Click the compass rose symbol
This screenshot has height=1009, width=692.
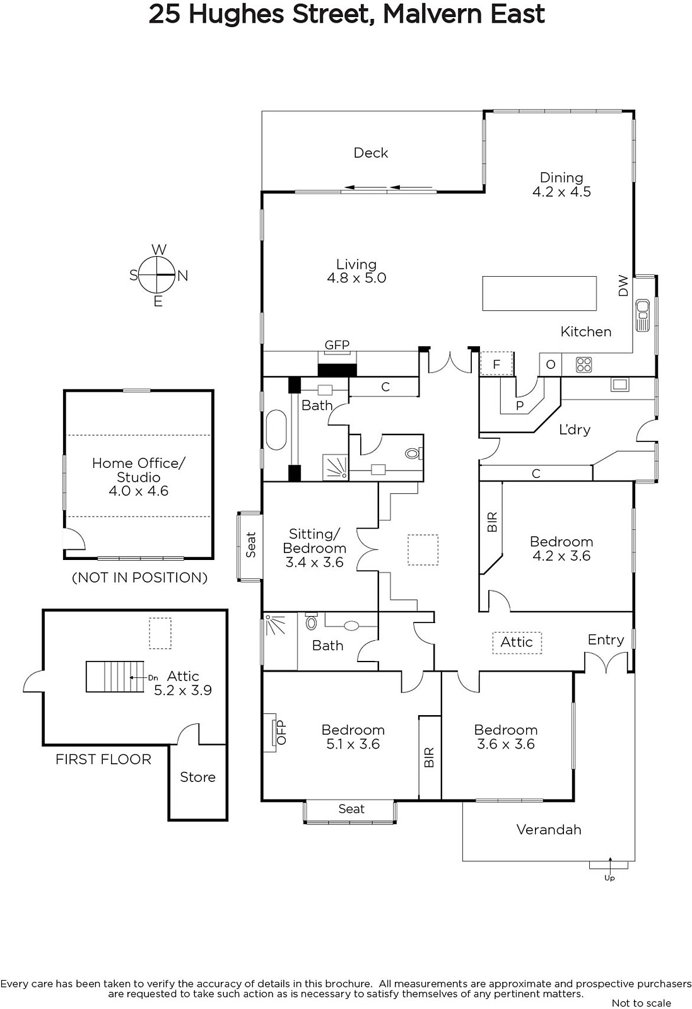(156, 275)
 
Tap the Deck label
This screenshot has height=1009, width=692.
(371, 153)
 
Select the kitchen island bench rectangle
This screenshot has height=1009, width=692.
(539, 294)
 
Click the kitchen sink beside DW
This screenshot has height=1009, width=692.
(642, 315)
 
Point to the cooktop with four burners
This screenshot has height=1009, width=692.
(584, 365)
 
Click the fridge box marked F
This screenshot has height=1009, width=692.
(496, 363)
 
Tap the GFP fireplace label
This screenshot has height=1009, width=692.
(337, 344)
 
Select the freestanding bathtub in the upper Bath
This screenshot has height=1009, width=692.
(276, 429)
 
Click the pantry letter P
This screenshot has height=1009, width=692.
(519, 405)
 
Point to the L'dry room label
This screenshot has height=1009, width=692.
(575, 429)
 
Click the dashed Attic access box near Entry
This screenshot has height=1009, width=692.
(517, 643)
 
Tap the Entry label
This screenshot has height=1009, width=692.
(606, 640)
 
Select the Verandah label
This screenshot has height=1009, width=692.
(549, 830)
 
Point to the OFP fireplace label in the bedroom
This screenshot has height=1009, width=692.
(281, 732)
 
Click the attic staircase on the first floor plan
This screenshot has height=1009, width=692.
(115, 677)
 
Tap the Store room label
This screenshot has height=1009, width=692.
(198, 777)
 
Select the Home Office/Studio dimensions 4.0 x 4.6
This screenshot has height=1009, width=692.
(139, 491)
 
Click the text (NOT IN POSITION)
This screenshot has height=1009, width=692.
(139, 578)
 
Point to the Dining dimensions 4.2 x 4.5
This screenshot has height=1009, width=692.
(562, 192)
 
